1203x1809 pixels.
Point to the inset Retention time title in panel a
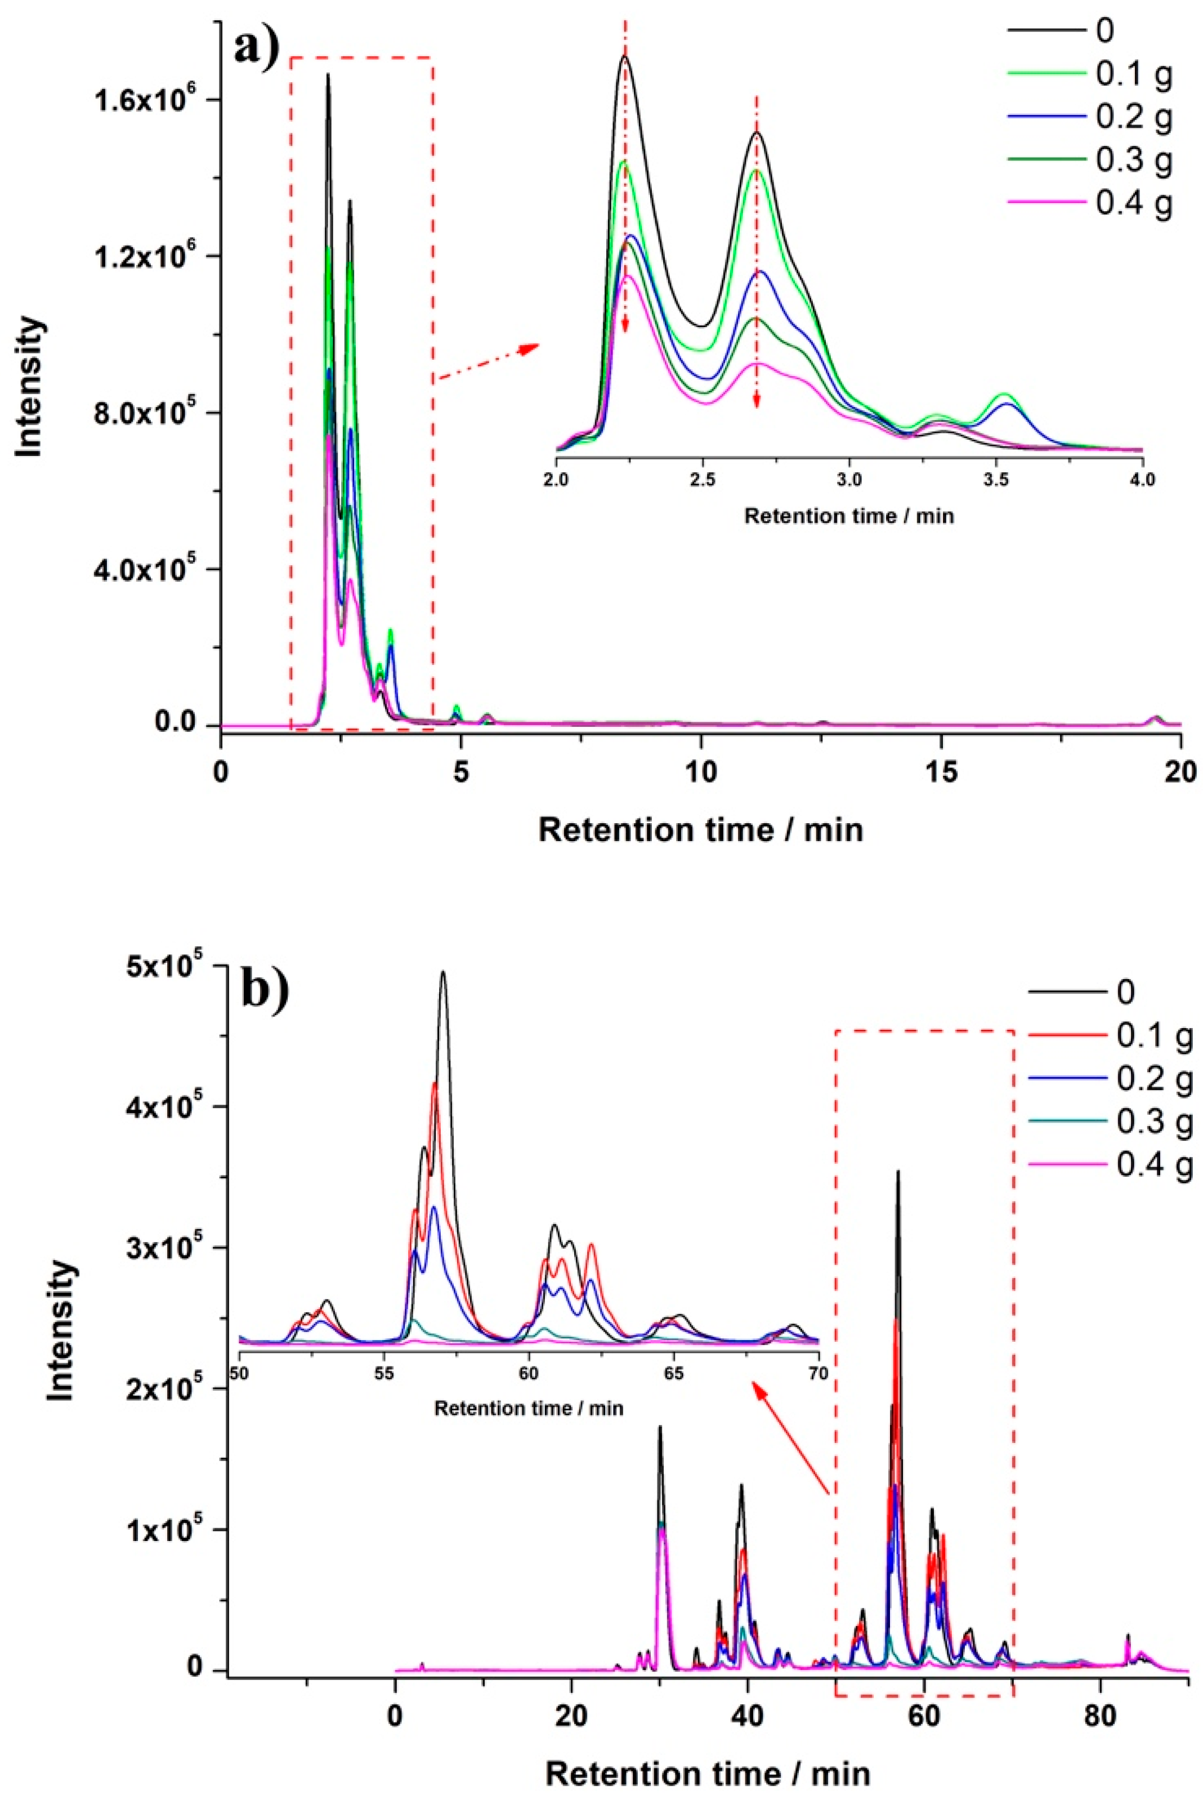point(848,516)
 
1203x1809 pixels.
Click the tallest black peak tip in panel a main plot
point(328,75)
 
